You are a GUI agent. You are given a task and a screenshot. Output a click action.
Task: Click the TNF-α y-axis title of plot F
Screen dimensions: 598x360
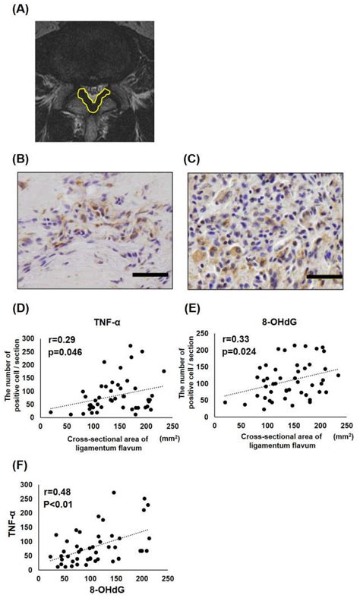point(11,524)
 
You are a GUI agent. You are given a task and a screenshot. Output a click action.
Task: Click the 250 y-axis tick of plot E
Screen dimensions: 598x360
point(210,335)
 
